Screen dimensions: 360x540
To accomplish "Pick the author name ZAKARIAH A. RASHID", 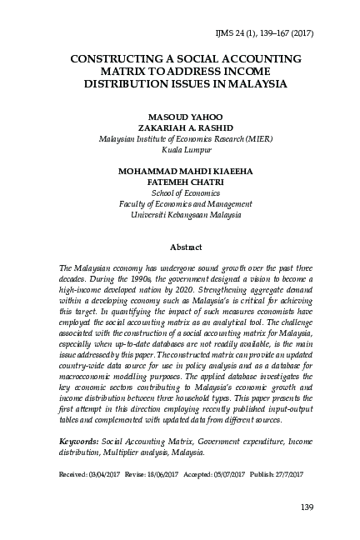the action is point(179,128).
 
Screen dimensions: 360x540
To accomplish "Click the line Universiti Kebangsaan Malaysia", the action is point(179,214).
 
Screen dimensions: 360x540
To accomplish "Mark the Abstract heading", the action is point(180,247).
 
